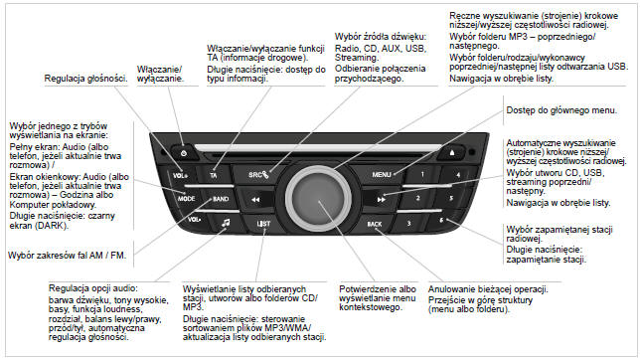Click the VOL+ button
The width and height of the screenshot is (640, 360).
click(x=179, y=175)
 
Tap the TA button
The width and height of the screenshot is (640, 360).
click(x=214, y=175)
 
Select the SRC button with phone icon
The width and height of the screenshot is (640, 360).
click(x=258, y=174)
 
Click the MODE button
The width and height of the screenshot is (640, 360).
click(x=186, y=199)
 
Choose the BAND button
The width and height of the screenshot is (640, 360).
click(x=221, y=199)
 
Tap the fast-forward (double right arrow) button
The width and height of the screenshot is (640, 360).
click(x=381, y=200)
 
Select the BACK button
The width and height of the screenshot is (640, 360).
click(x=374, y=224)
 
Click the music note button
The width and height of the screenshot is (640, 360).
click(x=226, y=223)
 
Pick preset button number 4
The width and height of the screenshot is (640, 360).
click(x=458, y=175)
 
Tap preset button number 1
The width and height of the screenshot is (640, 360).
click(x=422, y=174)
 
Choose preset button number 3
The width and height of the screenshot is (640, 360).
click(x=408, y=223)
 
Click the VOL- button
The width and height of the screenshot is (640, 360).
click(x=194, y=220)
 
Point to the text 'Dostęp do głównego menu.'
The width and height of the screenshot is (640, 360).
click(x=561, y=110)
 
